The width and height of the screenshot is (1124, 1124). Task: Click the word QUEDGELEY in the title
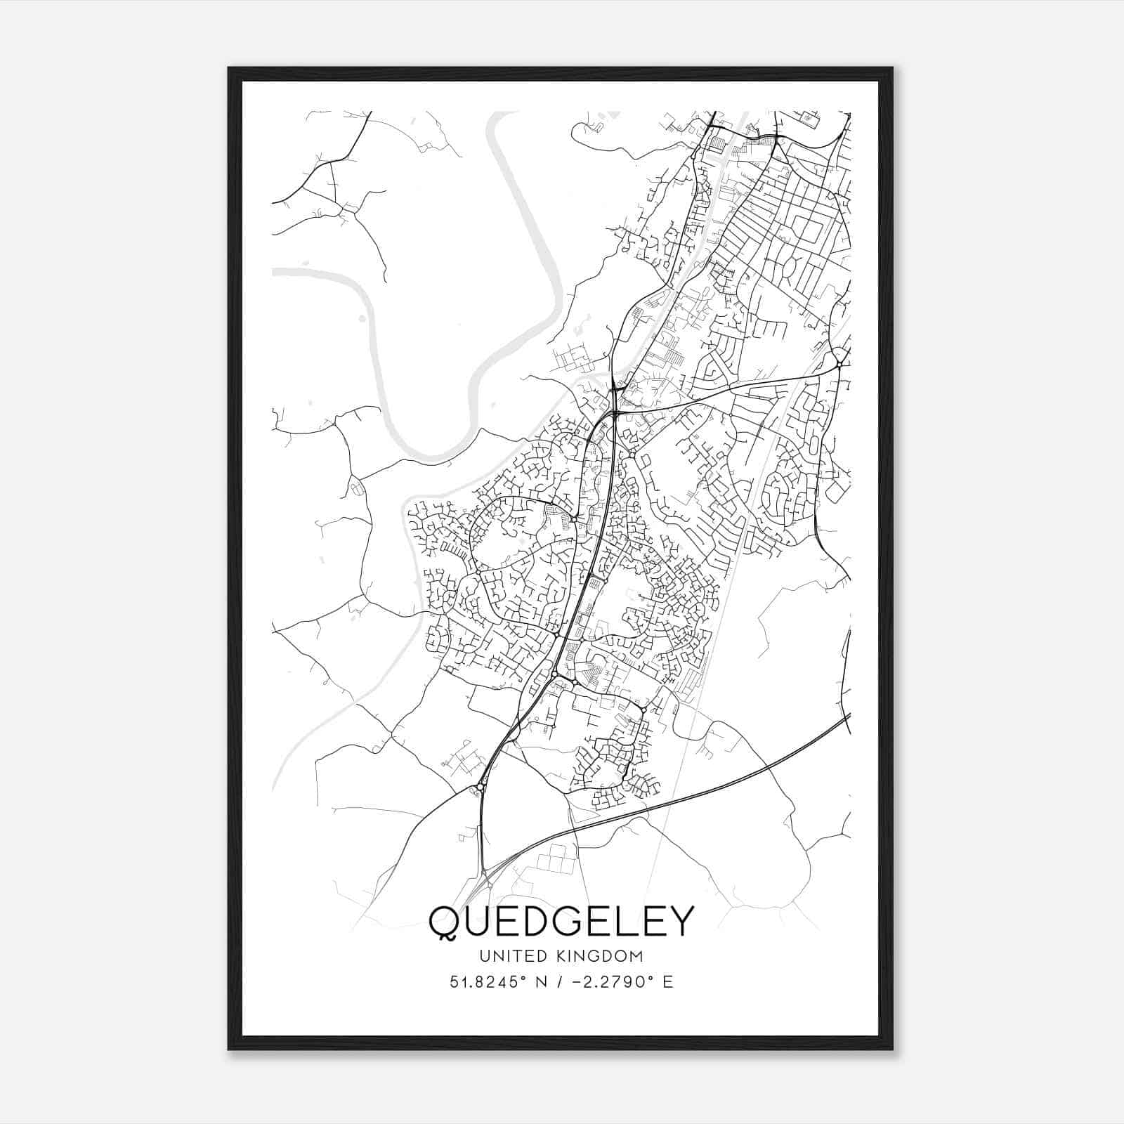561,920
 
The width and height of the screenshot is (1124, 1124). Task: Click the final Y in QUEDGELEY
679,920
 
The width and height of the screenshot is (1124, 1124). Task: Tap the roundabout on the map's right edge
839,364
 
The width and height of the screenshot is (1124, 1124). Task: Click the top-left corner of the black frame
229,68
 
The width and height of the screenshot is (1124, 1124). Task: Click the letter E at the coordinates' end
668,981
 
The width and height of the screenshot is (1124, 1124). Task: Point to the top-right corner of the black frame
892,68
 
